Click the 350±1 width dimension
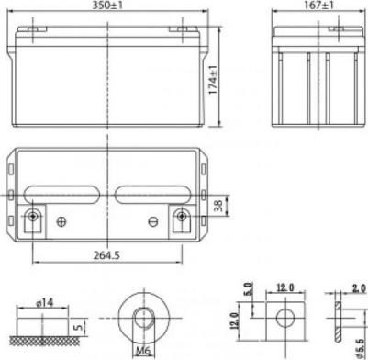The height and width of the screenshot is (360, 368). [107, 6]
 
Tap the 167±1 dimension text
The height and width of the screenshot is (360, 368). [320, 6]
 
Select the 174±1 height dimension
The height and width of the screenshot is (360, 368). [213, 80]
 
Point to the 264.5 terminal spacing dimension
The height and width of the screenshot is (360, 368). [106, 255]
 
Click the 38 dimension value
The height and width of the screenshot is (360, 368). [218, 205]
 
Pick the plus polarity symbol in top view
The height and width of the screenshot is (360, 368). [61, 221]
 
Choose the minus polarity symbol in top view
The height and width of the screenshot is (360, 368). [153, 221]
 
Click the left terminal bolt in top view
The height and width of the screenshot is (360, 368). [32, 217]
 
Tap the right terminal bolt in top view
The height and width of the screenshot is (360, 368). [182, 217]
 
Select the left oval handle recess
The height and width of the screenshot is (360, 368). [61, 195]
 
